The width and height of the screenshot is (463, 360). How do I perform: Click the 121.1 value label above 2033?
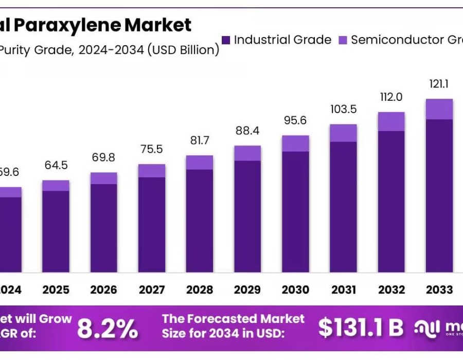pyautogui.click(x=439, y=84)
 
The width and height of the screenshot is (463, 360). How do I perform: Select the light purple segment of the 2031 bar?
pyautogui.click(x=344, y=133)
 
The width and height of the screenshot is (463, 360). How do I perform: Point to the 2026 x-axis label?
pyautogui.click(x=104, y=290)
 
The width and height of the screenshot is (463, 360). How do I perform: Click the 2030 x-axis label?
pyautogui.click(x=295, y=290)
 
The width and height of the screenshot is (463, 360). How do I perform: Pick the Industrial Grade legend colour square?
pyautogui.click(x=226, y=40)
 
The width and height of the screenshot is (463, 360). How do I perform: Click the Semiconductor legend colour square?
pyautogui.click(x=343, y=40)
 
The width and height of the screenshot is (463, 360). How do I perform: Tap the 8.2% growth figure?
pyautogui.click(x=108, y=329)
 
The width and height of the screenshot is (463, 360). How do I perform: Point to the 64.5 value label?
pyautogui.click(x=56, y=166)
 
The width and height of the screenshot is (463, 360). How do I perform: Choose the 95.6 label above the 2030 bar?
pyautogui.click(x=295, y=120)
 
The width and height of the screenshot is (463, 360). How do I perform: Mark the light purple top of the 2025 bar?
pyautogui.click(x=56, y=185)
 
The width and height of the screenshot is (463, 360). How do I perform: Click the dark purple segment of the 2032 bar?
pyautogui.click(x=391, y=201)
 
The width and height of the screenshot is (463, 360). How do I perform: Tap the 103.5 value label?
pyautogui.click(x=344, y=109)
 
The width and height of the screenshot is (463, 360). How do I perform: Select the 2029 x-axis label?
pyautogui.click(x=247, y=290)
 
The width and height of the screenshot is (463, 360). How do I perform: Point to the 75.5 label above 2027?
pyautogui.click(x=152, y=150)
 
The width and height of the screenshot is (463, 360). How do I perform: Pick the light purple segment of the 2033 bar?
pyautogui.click(x=439, y=109)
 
